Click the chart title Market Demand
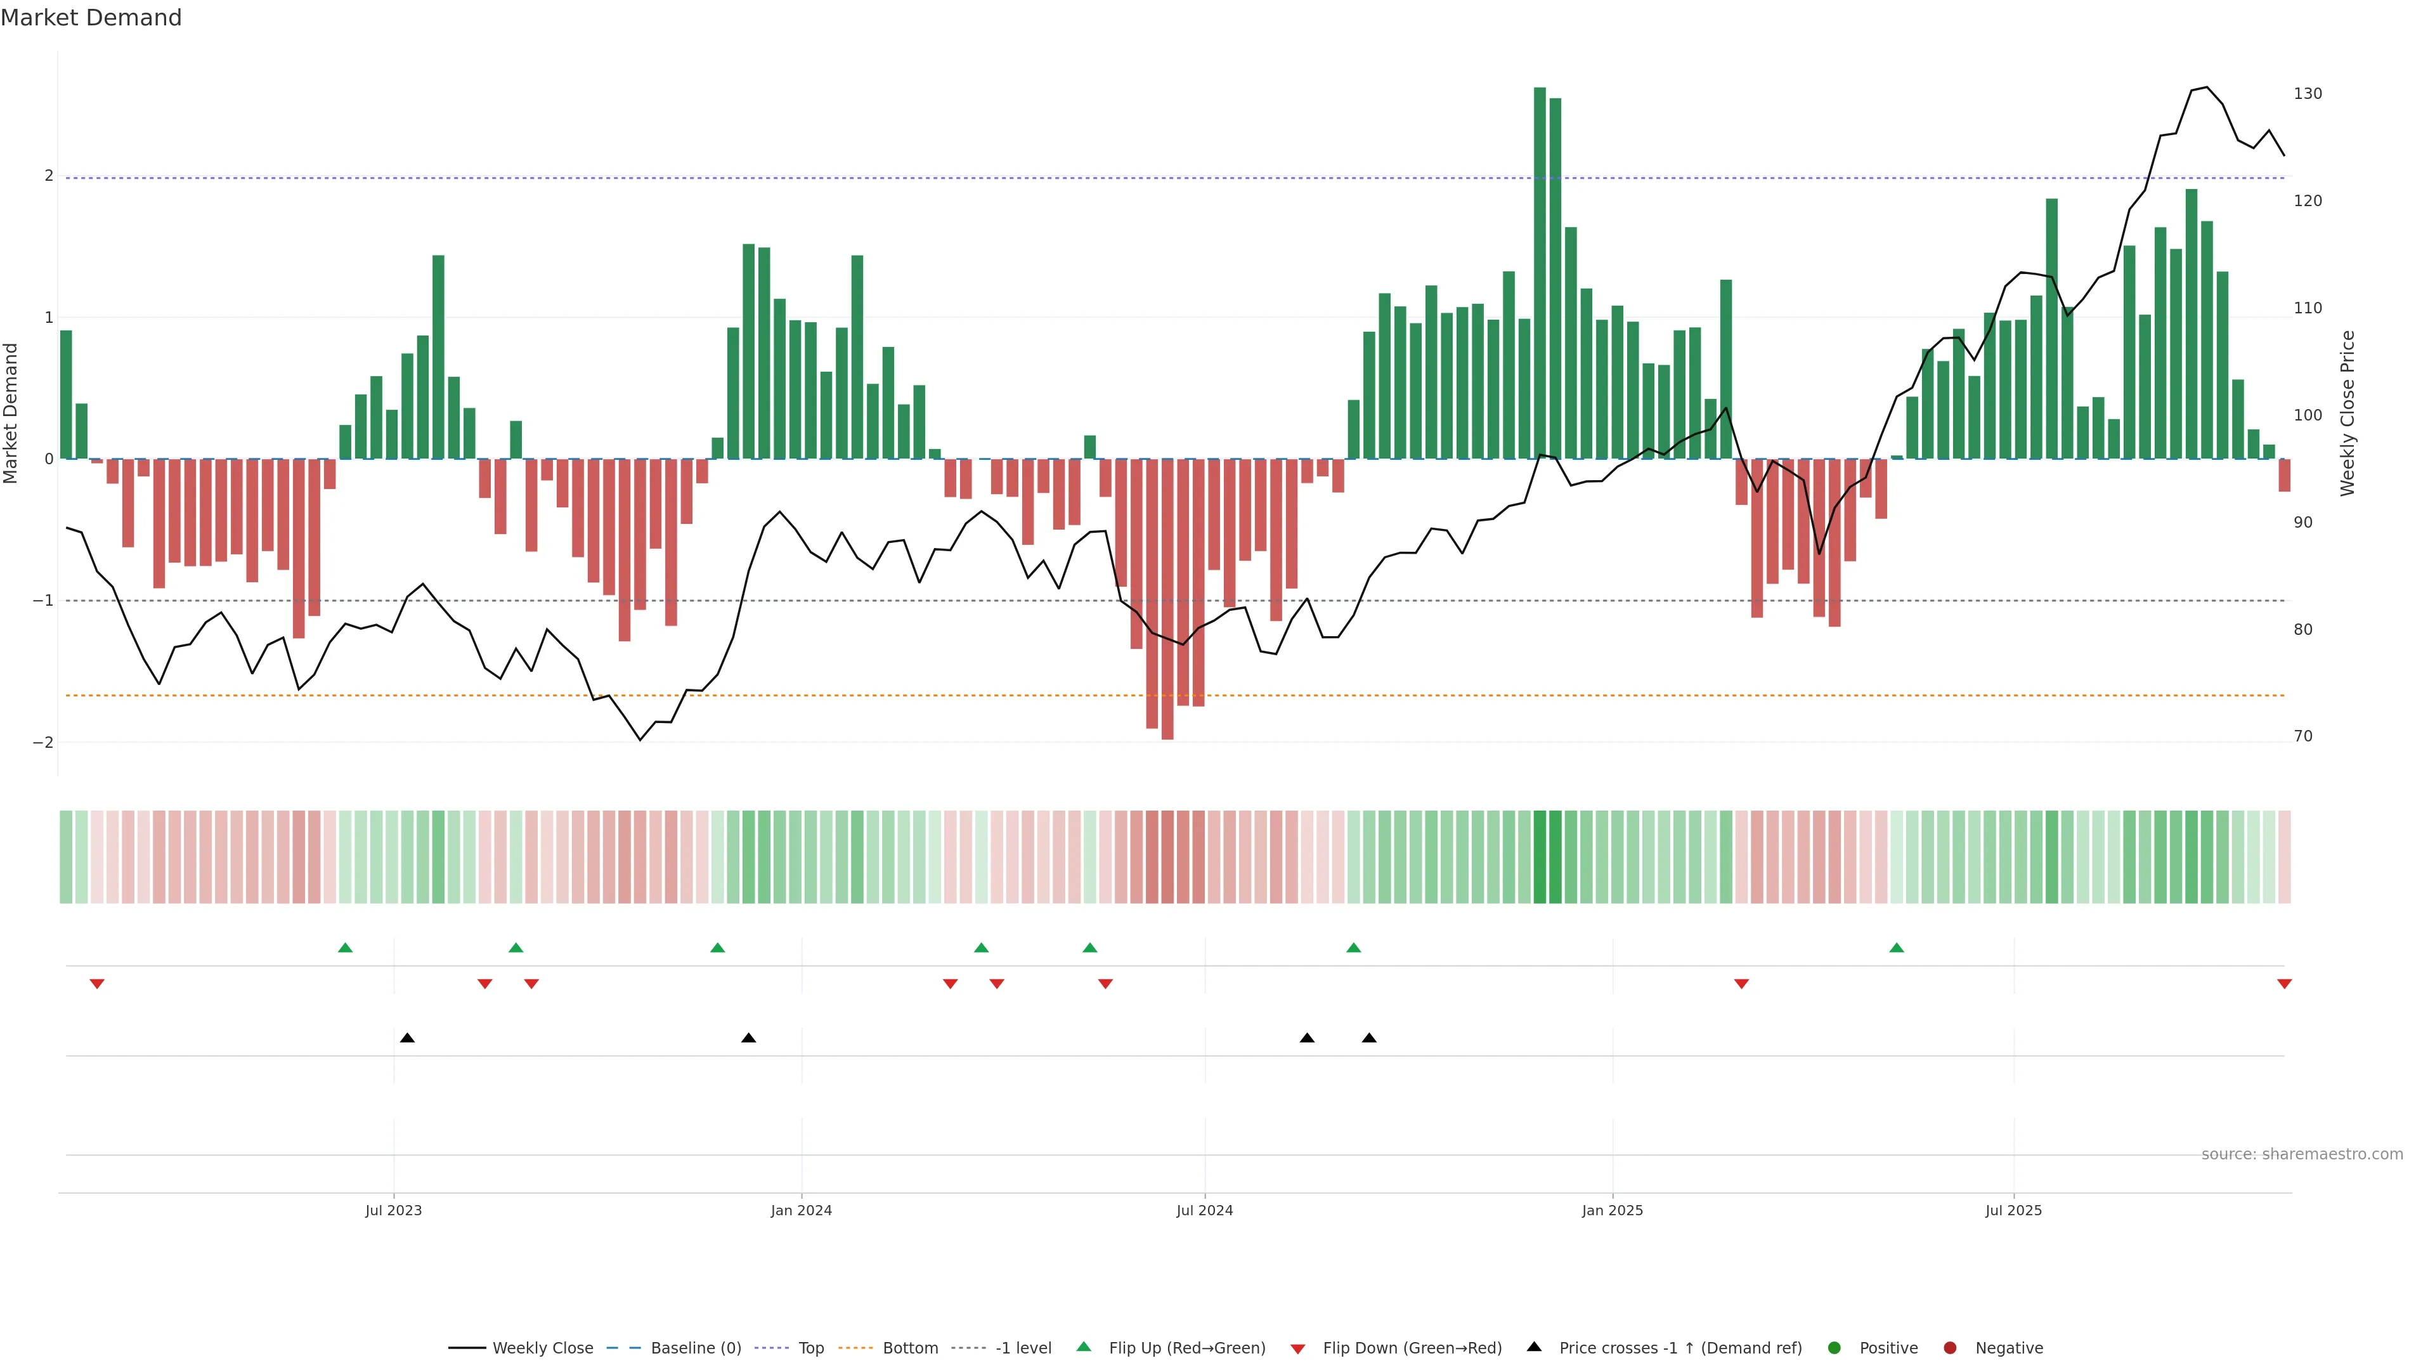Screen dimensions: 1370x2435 click(x=91, y=18)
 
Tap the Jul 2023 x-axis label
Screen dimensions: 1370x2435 click(x=393, y=1210)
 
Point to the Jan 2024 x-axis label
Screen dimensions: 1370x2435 click(x=801, y=1210)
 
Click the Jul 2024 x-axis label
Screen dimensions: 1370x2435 click(x=1204, y=1210)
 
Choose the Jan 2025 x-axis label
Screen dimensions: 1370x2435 click(x=1613, y=1210)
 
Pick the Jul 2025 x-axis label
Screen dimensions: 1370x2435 click(x=2013, y=1210)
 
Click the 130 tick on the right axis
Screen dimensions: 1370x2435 click(x=2308, y=94)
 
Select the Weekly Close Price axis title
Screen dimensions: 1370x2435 click(x=2347, y=413)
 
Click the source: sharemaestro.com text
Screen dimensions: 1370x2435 click(x=2302, y=1154)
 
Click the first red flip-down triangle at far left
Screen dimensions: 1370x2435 click(x=96, y=984)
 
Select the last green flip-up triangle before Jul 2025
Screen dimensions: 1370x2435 click(x=1896, y=948)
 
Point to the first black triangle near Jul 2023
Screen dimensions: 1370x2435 click(x=407, y=1038)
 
